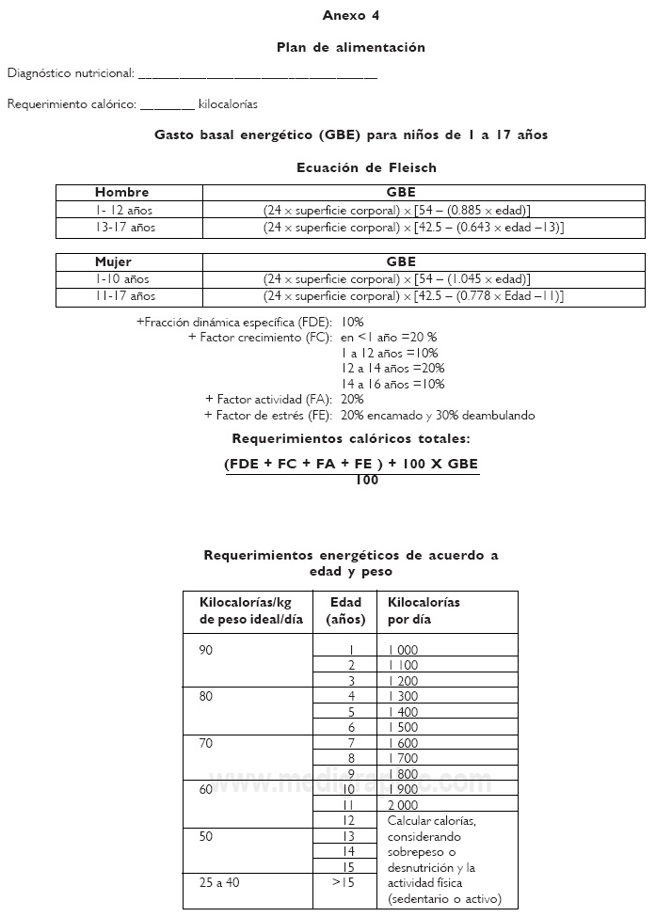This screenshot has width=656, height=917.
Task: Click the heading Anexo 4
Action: [350, 16]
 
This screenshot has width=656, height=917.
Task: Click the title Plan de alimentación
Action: [350, 47]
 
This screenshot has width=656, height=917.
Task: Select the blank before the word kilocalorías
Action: [167, 105]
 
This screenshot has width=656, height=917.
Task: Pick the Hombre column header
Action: [121, 192]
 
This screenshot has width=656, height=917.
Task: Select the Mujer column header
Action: [114, 262]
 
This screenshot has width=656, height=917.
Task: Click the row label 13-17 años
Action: [125, 228]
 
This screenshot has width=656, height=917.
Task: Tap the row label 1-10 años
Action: [122, 279]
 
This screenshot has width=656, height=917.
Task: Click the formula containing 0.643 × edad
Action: [413, 228]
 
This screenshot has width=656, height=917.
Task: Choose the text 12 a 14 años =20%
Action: [392, 368]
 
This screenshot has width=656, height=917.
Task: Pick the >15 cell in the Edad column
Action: [344, 882]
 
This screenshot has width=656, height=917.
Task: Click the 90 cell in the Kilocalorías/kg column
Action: [207, 650]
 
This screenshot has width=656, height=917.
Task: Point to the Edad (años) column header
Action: [344, 611]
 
